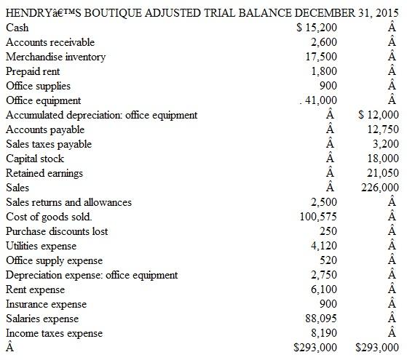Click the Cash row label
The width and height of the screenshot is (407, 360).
[17, 28]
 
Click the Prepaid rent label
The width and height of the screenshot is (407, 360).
[33, 71]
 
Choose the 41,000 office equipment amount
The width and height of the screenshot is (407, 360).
[321, 100]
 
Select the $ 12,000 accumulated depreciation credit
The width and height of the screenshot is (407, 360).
[379, 115]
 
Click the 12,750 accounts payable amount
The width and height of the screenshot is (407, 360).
[384, 129]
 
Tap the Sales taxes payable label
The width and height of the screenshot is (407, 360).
[49, 144]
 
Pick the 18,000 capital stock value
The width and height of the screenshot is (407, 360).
[384, 159]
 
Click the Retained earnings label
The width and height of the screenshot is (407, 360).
[44, 173]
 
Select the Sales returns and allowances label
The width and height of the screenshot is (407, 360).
[68, 202]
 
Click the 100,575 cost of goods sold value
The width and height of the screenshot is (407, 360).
[318, 217]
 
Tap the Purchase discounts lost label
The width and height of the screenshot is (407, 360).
[57, 231]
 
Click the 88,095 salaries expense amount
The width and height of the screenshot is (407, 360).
[321, 319]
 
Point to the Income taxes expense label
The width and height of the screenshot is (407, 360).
[54, 333]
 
